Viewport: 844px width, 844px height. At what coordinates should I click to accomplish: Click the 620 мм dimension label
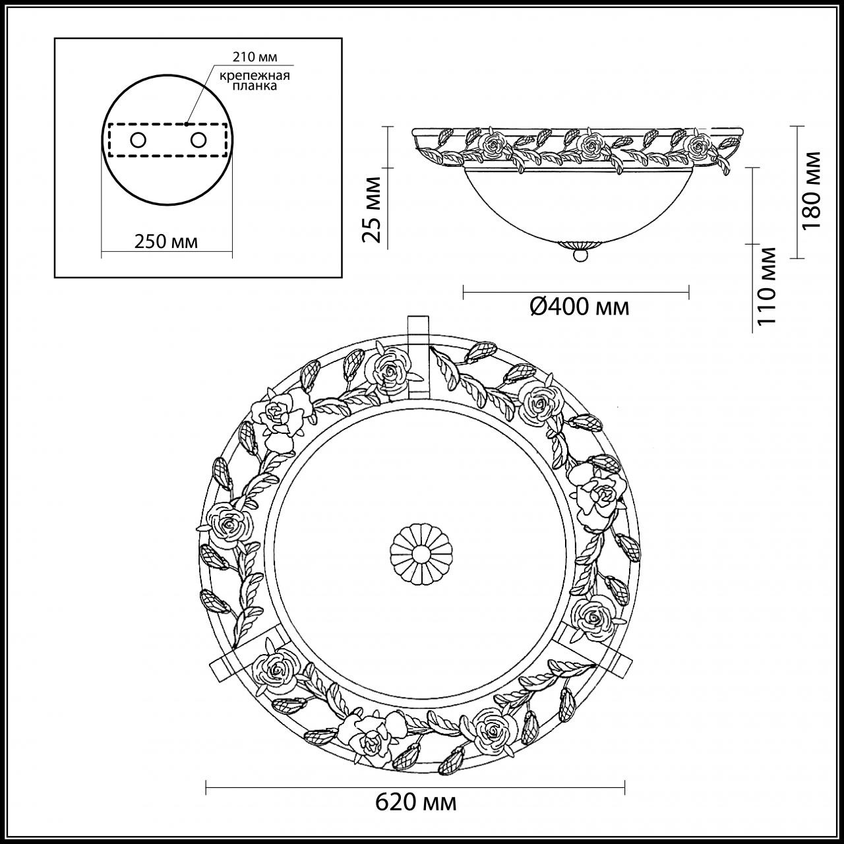click(x=415, y=802)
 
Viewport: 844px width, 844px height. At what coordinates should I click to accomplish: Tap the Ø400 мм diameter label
click(x=579, y=306)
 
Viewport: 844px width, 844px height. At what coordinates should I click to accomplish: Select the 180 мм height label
click(x=811, y=190)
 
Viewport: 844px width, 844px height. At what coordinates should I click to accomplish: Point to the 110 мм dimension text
click(x=766, y=286)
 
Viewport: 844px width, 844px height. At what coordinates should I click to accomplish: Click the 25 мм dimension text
click(x=373, y=210)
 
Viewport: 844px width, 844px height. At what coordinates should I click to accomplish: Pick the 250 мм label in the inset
click(x=166, y=241)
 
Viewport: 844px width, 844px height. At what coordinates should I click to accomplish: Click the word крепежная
click(x=255, y=75)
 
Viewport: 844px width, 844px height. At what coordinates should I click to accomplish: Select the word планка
click(x=255, y=86)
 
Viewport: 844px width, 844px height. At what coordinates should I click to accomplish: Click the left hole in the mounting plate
click(x=138, y=140)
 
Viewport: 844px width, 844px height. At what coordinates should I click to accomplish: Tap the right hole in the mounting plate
click(x=197, y=140)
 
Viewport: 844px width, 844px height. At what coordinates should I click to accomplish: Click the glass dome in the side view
click(x=578, y=204)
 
